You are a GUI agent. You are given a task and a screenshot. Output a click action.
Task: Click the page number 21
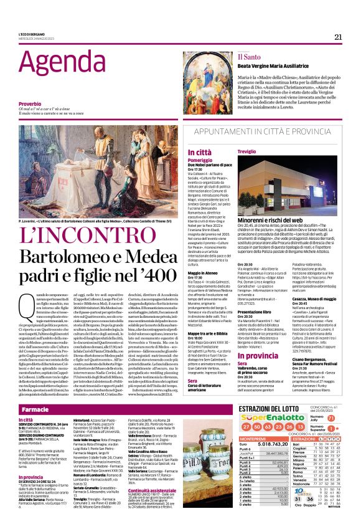tap(338, 37)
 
